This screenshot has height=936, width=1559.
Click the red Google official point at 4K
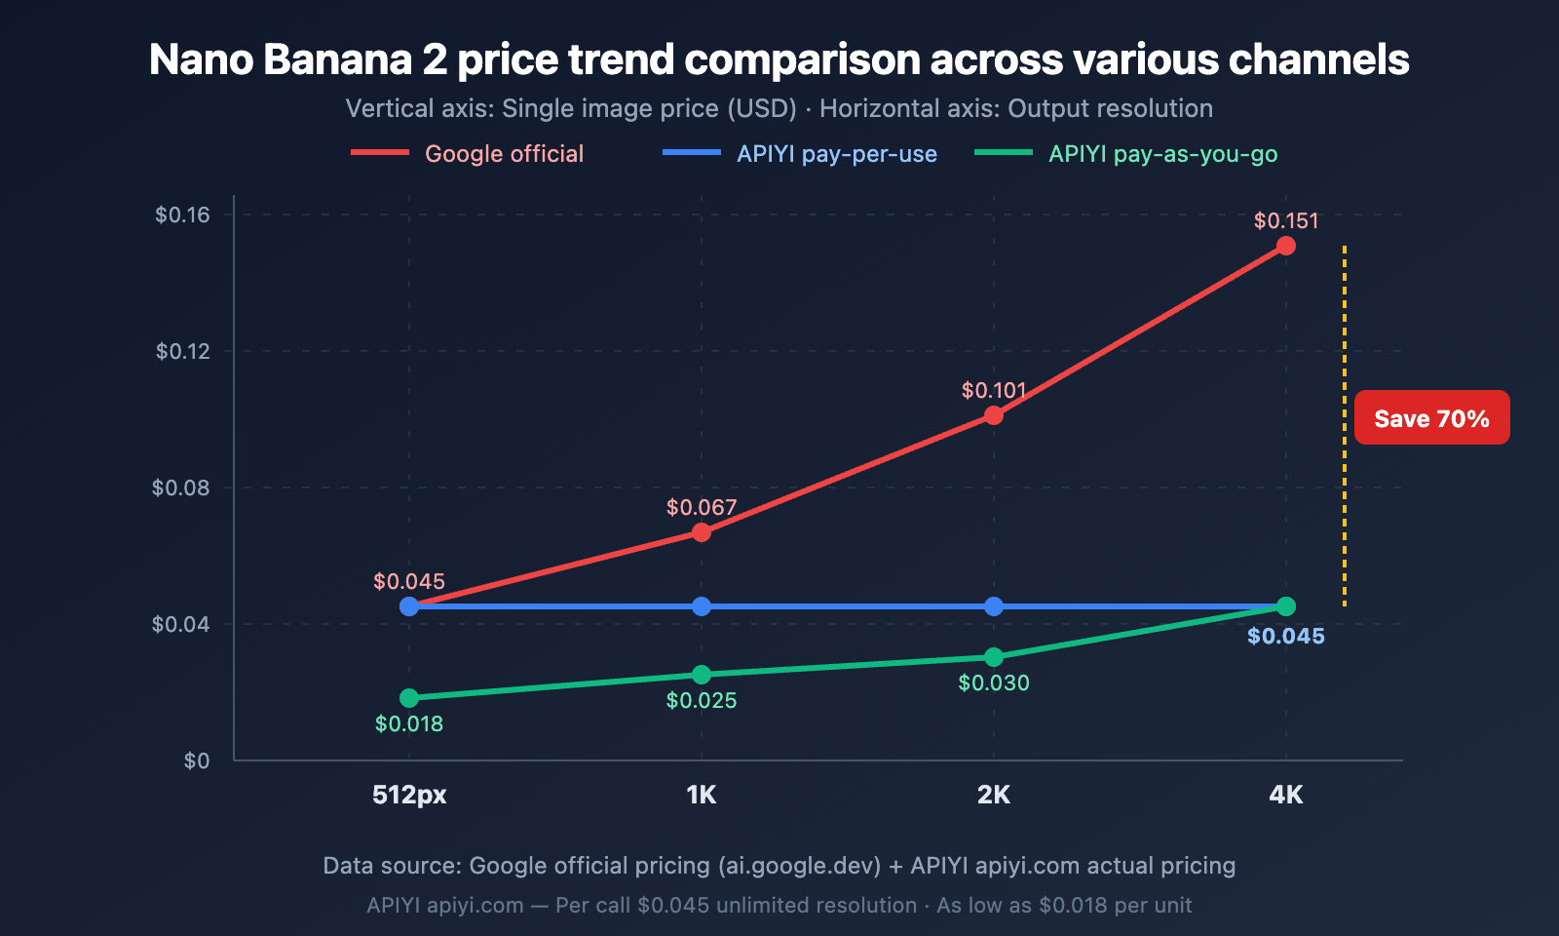pyautogui.click(x=1285, y=246)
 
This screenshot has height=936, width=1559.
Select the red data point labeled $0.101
pyautogui.click(x=993, y=415)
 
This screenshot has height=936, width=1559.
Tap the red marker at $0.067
pyautogui.click(x=701, y=532)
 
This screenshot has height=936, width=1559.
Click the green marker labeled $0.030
pyautogui.click(x=993, y=657)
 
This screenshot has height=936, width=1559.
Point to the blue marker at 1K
pyautogui.click(x=701, y=606)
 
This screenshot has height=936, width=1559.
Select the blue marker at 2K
pyautogui.click(x=993, y=606)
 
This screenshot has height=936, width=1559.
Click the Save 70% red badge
pyautogui.click(x=1431, y=418)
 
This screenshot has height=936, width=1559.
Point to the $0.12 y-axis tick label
pyautogui.click(x=182, y=351)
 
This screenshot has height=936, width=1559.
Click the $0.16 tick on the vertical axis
pyautogui.click(x=182, y=214)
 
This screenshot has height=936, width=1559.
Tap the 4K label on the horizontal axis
pyautogui.click(x=1285, y=795)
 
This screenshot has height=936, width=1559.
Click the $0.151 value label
pyautogui.click(x=1285, y=220)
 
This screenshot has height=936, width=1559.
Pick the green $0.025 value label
pyautogui.click(x=701, y=700)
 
